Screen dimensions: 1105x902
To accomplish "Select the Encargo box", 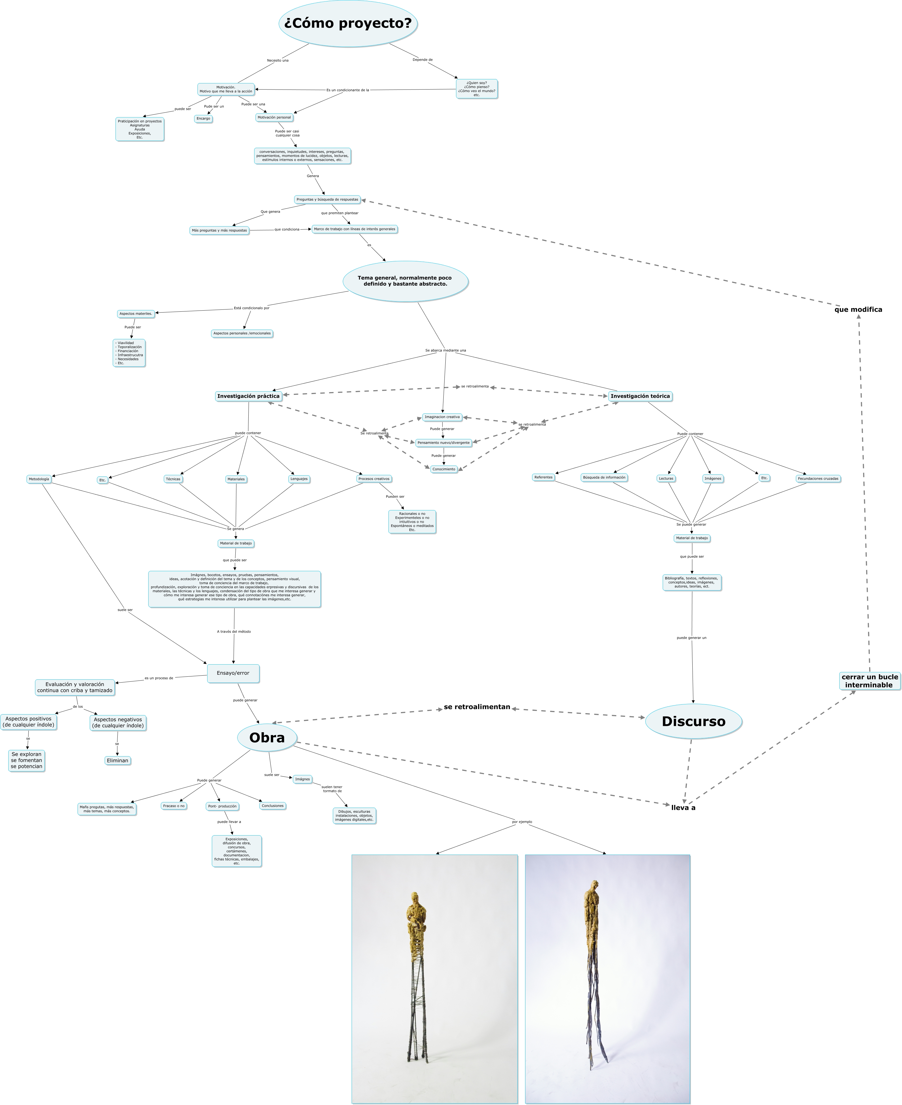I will point(203,119).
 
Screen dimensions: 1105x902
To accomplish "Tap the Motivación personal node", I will point(274,117).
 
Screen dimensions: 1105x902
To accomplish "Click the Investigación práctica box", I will point(248,396).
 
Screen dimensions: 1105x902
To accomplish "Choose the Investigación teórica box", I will point(640,396).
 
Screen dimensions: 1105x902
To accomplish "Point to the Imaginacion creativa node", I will point(442,417).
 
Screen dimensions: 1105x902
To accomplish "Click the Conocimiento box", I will point(444,469).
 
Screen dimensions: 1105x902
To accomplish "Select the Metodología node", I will point(39,479).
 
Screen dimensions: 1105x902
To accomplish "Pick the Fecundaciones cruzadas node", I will point(818,479).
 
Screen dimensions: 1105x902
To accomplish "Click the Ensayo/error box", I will point(233,673).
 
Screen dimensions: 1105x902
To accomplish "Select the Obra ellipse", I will point(267,737).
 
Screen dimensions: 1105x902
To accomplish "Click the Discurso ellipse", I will point(693,721).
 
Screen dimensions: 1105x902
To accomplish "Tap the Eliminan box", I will point(117,760).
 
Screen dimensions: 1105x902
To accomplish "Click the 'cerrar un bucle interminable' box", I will point(869,681).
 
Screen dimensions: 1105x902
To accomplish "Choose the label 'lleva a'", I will point(683,808).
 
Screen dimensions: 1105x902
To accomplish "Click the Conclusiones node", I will point(273,806).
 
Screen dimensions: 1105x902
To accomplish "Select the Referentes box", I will point(543,477).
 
